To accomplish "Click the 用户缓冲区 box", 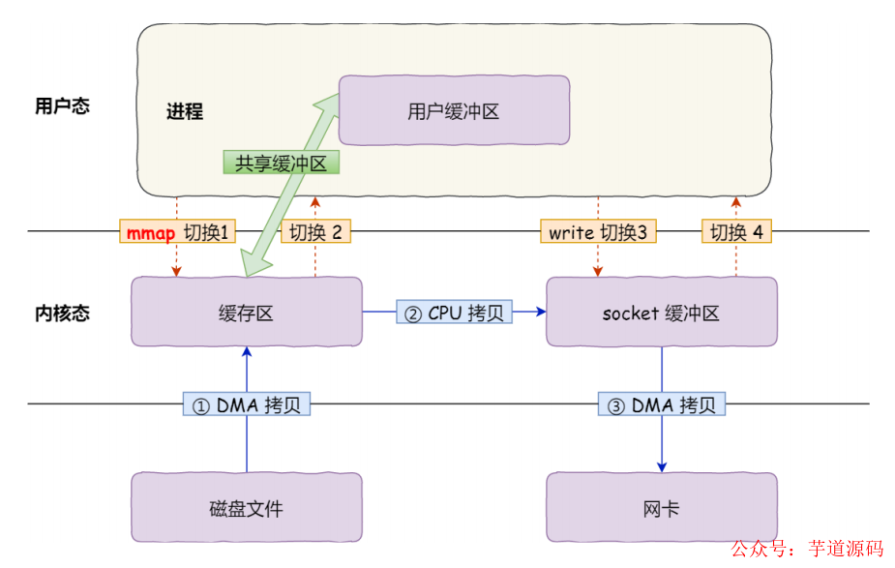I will [453, 111].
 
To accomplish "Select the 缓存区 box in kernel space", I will [247, 312].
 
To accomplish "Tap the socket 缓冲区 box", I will [661, 312].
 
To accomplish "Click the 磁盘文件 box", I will [247, 507].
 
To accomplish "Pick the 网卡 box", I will [661, 507].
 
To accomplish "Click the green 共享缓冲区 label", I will [282, 163].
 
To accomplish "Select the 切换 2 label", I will [315, 232].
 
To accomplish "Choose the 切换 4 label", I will [736, 232].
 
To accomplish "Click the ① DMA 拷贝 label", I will [246, 404].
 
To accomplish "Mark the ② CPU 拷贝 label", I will [454, 313].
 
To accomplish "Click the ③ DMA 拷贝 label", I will [661, 404].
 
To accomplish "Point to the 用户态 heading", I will [62, 106].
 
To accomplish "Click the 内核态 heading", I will [62, 313].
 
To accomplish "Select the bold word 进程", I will [185, 111].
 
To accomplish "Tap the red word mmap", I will [150, 232].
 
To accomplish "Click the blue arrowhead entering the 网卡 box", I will [662, 465].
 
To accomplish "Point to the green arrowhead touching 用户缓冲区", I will [330, 98].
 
